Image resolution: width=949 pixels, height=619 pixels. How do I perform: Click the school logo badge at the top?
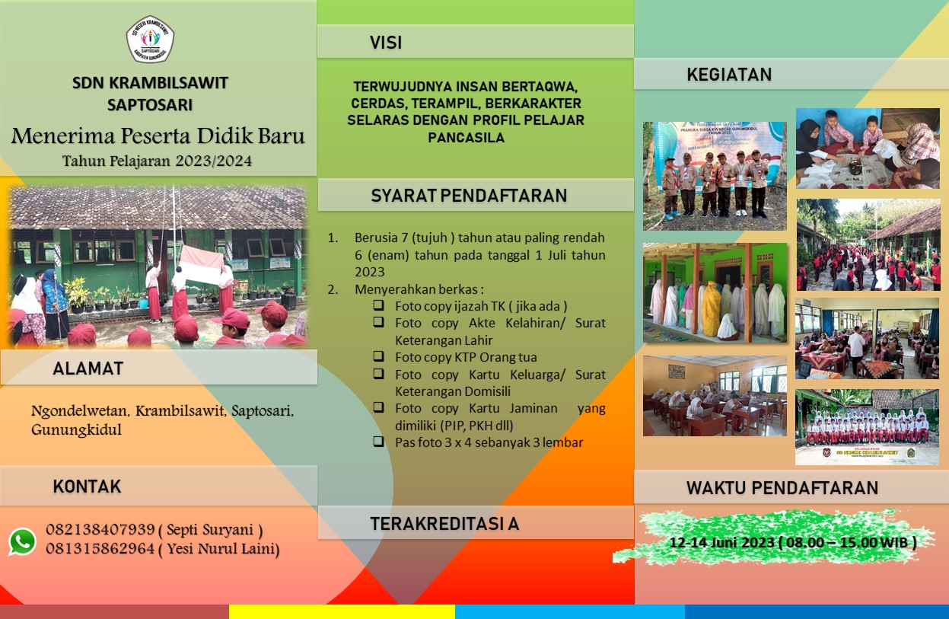150,39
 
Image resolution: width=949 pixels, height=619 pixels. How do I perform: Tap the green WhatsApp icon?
23,541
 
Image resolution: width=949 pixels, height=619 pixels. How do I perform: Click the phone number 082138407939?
100,530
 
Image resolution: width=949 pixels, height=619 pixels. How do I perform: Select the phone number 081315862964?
100,549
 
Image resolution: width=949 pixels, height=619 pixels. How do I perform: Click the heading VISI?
386,43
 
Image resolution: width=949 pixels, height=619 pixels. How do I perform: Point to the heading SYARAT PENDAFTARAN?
469,196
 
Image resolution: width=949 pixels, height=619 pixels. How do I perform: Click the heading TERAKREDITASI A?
444,524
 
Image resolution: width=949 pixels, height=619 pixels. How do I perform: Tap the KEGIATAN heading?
729,75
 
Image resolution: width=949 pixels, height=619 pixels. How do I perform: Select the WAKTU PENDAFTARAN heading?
782,488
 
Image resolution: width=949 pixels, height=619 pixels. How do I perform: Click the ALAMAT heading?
88,369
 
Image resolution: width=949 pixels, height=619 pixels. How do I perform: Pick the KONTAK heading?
87,487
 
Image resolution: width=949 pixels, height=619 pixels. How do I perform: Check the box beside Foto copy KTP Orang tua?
379,356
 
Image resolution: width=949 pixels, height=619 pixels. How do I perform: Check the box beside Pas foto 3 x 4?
379,441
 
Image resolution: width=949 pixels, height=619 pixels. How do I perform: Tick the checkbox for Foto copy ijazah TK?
379,305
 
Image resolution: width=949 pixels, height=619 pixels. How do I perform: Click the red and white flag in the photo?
201,265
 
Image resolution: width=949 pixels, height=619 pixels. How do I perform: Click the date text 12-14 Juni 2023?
722,543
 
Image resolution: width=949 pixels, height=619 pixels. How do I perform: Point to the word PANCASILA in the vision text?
466,137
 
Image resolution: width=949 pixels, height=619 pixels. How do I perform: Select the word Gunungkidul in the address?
76,430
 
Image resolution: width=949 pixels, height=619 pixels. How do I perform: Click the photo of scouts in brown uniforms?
715,177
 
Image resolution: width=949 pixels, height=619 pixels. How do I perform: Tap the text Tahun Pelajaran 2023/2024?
158,161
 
